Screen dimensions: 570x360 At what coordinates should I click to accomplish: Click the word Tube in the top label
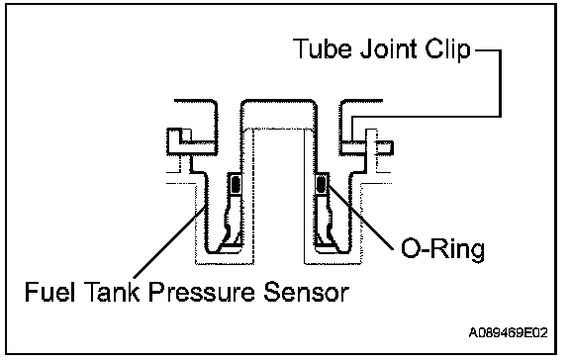click(x=323, y=48)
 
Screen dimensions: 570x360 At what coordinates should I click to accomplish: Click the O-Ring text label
click(x=442, y=249)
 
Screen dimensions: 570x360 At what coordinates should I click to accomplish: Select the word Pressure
click(x=202, y=292)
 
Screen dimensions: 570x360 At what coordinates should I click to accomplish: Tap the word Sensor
click(x=306, y=292)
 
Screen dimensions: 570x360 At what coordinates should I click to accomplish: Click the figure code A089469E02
click(x=509, y=332)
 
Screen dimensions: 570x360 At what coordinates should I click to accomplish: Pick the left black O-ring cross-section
click(x=236, y=184)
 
